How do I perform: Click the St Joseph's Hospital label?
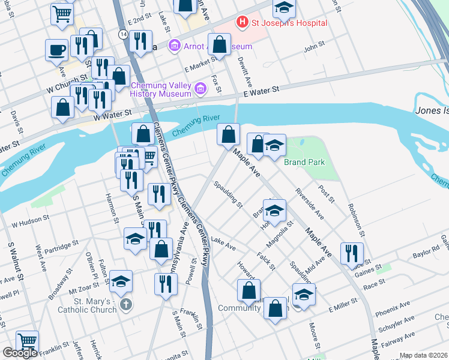pos(290,23)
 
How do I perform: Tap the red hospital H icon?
pos(243,23)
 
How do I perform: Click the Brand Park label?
pos(304,163)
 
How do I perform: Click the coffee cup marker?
pos(56,50)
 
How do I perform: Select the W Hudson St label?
pos(30,224)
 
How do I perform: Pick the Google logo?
pos(19,353)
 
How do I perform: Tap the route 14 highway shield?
pos(123,35)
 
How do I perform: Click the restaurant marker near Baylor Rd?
pos(352,253)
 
